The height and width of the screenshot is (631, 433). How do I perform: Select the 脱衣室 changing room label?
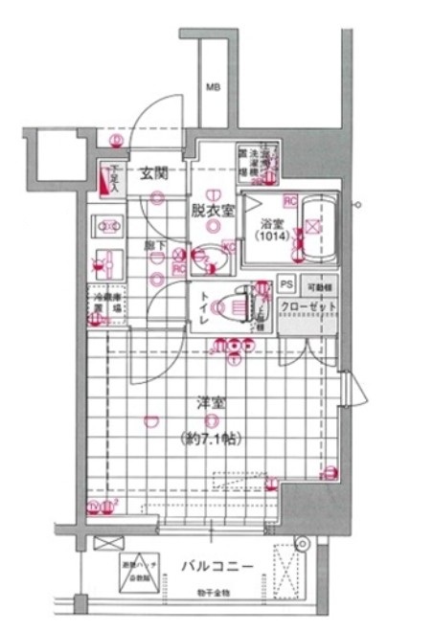207,211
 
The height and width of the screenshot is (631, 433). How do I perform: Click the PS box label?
285,286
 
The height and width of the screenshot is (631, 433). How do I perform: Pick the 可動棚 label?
318,286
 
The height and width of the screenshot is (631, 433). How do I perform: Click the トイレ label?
205,310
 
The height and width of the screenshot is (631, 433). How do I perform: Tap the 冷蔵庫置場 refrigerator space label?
106,303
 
